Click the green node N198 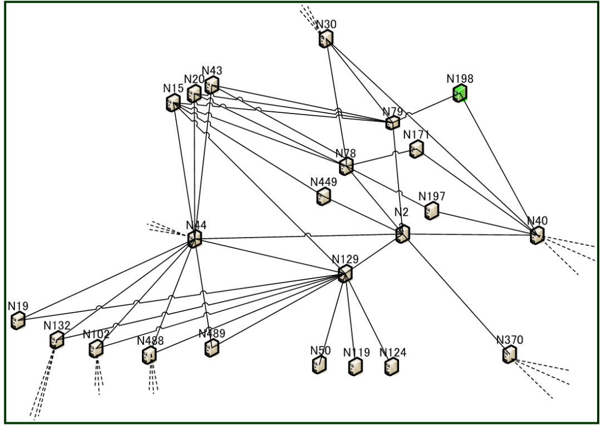click(460, 93)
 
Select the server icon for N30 click(326, 39)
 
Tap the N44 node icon click(194, 239)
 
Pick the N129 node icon click(345, 273)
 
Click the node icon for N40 click(537, 235)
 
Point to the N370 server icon click(509, 354)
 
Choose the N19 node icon click(18, 320)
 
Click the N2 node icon click(402, 234)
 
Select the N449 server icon click(323, 196)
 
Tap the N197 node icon click(431, 210)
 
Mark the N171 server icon click(416, 149)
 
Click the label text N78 click(346, 153)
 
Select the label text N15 click(173, 88)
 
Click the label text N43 click(212, 71)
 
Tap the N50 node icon click(319, 364)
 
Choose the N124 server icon click(392, 366)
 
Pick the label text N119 click(356, 353)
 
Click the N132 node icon click(56, 339)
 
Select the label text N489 click(212, 334)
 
